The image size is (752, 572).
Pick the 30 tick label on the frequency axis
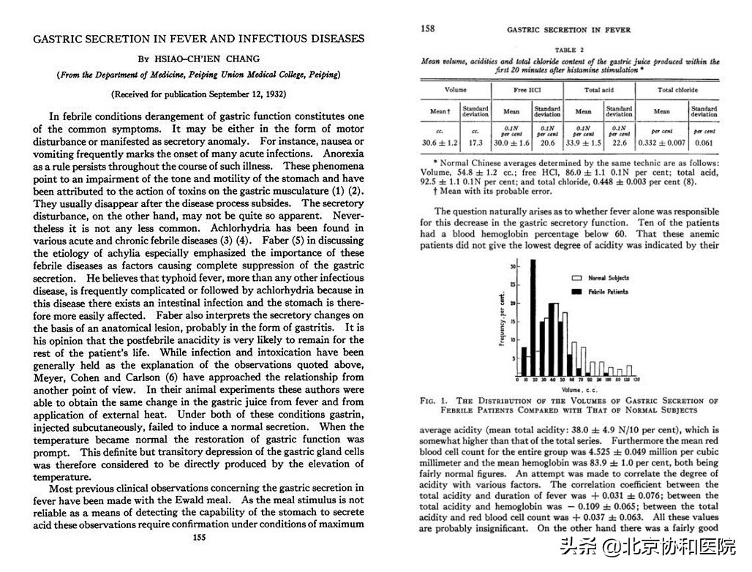point(513,266)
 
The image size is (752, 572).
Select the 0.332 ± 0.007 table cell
point(661,143)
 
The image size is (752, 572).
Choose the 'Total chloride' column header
point(677,90)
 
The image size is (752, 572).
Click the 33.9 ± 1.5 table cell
point(583,143)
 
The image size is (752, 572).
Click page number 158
point(428,29)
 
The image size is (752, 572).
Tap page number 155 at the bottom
point(198,538)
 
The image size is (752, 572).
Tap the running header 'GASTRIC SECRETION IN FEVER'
point(568,30)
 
